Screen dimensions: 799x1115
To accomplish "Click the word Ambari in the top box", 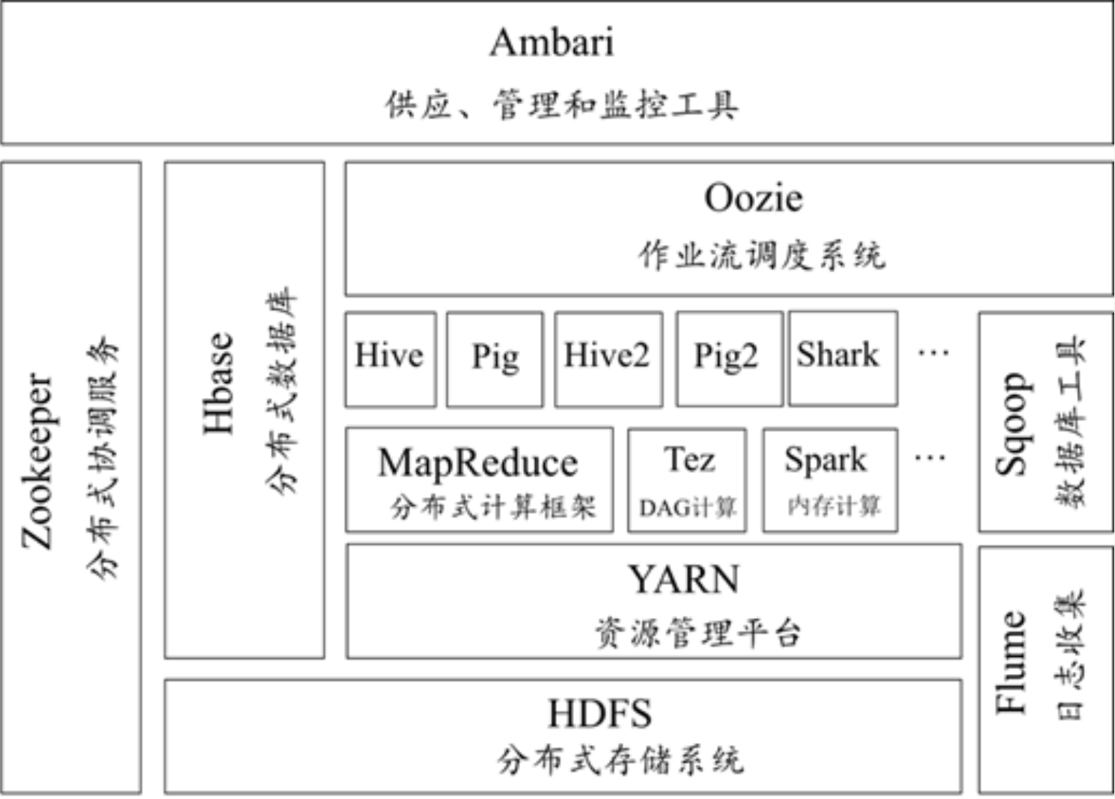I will [552, 42].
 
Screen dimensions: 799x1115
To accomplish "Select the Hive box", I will [390, 358].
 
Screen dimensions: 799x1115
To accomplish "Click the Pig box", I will [495, 359].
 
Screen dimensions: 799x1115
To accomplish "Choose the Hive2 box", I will [608, 358].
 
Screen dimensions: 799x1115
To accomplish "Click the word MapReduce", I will [478, 462].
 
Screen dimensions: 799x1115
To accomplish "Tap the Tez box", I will [687, 479].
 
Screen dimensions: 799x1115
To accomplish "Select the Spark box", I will [829, 479].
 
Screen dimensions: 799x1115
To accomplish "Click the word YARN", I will [683, 580].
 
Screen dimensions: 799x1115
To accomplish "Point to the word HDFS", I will [599, 713].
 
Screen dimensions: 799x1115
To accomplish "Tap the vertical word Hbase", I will [219, 383].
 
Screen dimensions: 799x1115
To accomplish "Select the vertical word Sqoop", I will [1011, 423].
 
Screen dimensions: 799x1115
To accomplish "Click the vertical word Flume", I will [1010, 661].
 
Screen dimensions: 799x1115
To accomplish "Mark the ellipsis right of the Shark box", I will [933, 351].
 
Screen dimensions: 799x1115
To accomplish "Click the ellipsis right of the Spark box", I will [929, 457].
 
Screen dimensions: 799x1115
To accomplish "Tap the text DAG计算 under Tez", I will [687, 508].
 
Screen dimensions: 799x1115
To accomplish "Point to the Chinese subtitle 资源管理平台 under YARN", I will [697, 633].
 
